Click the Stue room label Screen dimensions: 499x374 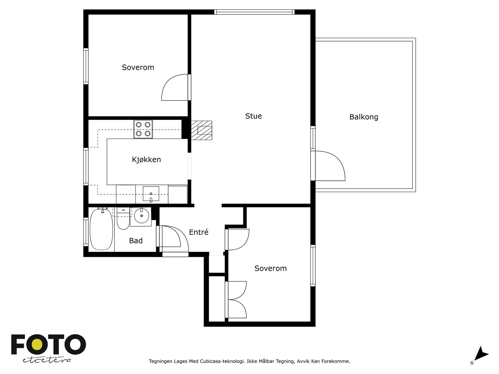[x=254, y=116]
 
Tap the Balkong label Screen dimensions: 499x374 [x=364, y=117]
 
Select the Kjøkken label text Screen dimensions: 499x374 [x=146, y=159]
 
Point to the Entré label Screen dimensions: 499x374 [x=199, y=232]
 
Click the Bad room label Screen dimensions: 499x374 [x=136, y=241]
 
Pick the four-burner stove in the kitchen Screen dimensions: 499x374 [x=143, y=129]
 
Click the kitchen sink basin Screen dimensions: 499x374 [x=151, y=194]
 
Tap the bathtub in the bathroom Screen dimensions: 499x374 [x=101, y=229]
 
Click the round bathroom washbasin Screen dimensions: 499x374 [x=142, y=216]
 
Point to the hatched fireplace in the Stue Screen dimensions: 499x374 [x=201, y=130]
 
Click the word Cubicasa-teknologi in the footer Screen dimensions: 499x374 [x=222, y=361]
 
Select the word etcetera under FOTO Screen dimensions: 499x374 [x=46, y=360]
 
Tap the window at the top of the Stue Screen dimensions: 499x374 [x=254, y=12]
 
